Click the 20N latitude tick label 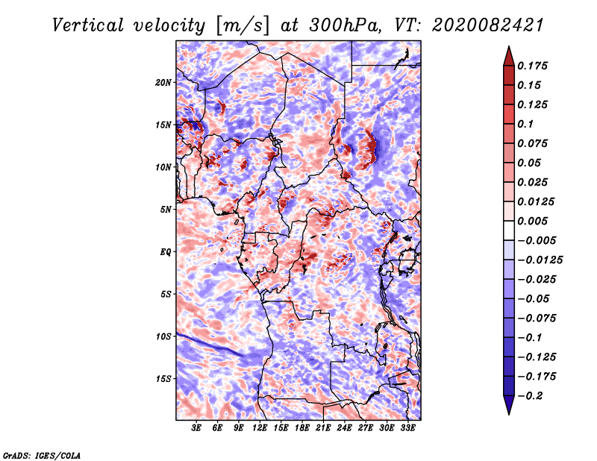(x=163, y=83)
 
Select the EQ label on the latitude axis (x=166, y=252)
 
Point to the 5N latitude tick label (x=166, y=210)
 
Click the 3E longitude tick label (x=196, y=427)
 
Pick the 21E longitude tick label (x=323, y=427)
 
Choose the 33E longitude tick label (x=407, y=427)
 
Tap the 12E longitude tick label (x=260, y=427)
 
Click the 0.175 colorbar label (x=533, y=66)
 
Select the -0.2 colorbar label (x=530, y=396)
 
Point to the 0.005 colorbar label (x=533, y=221)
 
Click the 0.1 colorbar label (x=525, y=124)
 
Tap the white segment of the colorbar (x=509, y=230)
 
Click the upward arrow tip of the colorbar (x=509, y=46)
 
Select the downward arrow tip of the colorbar (x=509, y=414)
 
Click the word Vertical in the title (x=88, y=25)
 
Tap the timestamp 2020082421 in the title (x=487, y=25)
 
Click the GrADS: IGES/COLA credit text (x=42, y=455)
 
